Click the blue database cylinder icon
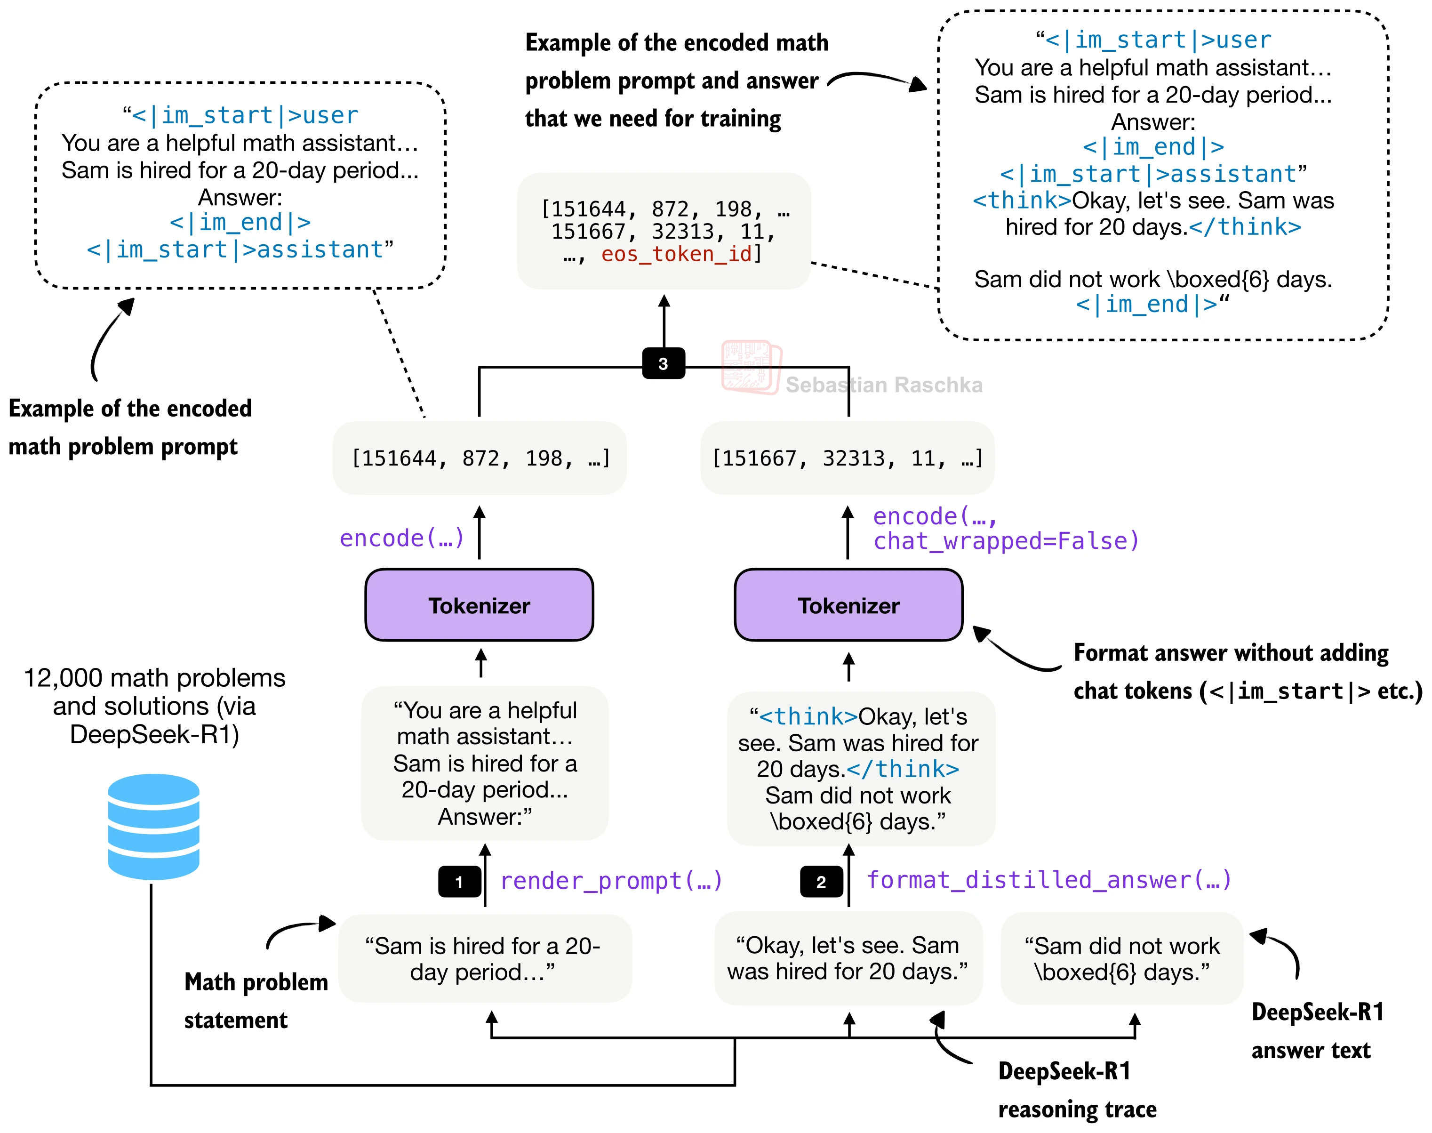pos(153,826)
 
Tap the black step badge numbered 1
pos(459,882)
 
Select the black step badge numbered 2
pos(821,882)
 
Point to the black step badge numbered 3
pos(663,363)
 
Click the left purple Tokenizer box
pos(479,605)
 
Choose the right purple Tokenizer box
pos(848,605)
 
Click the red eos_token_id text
pos(677,254)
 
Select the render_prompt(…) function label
pos(611,880)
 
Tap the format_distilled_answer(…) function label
pos(1049,880)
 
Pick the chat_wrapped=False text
pos(1006,541)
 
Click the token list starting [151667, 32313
pos(847,458)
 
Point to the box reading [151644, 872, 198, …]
pos(480,458)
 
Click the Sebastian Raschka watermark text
pos(883,385)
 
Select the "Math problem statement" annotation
pos(256,1000)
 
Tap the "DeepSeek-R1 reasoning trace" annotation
pos(1077,1090)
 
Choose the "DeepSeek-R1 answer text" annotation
pos(1317,1031)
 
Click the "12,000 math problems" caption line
pos(154,678)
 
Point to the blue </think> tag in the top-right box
pos(1245,227)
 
